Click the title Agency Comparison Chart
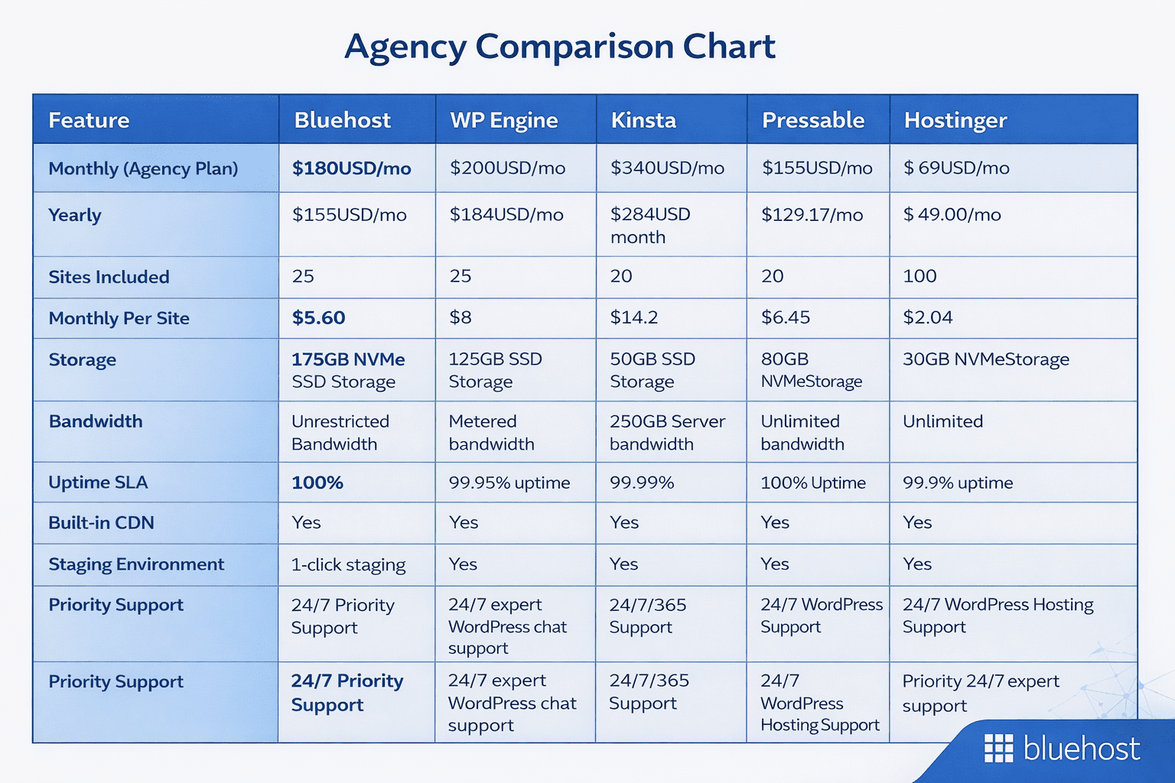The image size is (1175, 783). click(560, 47)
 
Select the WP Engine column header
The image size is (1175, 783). click(503, 120)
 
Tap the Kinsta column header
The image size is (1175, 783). click(643, 120)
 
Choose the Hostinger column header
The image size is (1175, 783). click(955, 120)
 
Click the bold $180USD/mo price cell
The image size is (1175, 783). click(351, 168)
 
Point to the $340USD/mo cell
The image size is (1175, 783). click(667, 168)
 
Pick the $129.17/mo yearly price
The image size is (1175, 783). click(812, 215)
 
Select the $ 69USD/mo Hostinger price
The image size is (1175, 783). click(956, 168)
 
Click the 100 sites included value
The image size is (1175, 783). click(919, 276)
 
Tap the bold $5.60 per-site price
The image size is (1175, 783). click(318, 317)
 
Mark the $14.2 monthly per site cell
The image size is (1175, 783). click(633, 317)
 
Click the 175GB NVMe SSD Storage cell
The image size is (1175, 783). click(348, 370)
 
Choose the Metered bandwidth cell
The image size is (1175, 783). click(491, 432)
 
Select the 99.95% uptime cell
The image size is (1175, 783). click(509, 482)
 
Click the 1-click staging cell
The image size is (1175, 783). click(348, 564)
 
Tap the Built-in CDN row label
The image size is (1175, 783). click(101, 523)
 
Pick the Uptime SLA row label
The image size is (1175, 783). click(98, 482)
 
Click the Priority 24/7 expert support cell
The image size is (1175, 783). click(980, 693)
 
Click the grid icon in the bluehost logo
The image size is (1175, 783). click(998, 749)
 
